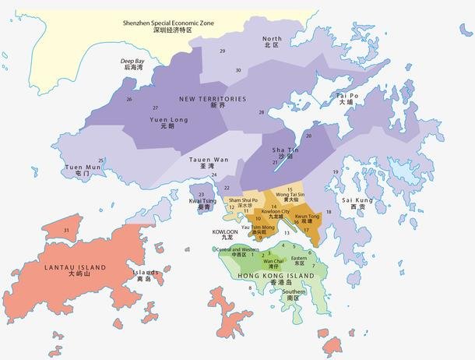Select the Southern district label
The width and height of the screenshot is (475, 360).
click(293, 295)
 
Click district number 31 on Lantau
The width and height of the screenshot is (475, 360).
click(67, 231)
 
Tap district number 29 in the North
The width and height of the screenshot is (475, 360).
click(223, 51)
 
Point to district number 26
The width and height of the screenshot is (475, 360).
click(128, 100)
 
